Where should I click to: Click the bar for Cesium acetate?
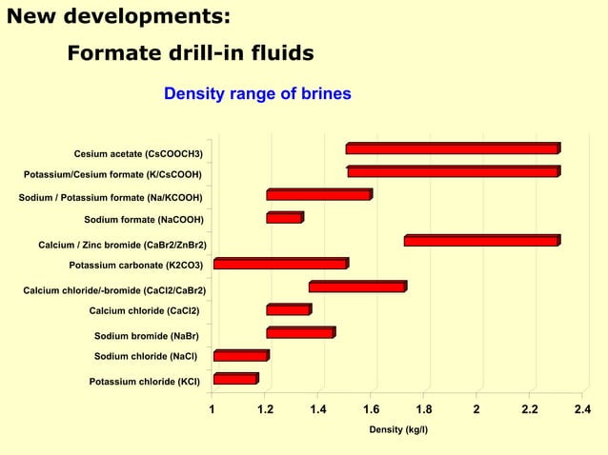(452, 149)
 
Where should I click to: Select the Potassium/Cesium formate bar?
(453, 172)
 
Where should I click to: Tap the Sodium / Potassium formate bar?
(318, 195)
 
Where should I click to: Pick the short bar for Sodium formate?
(284, 218)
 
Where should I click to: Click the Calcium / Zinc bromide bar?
(480, 241)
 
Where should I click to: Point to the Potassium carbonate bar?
(280, 264)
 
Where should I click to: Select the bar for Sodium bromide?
(300, 333)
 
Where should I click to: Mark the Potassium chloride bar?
(235, 379)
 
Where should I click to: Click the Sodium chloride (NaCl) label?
(146, 357)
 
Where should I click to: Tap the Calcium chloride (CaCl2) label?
(146, 310)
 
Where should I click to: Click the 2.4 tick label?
(580, 409)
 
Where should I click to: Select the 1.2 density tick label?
(265, 409)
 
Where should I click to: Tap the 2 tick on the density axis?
(476, 409)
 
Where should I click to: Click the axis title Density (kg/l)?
(398, 430)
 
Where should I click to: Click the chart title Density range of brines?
(257, 94)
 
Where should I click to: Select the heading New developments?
(118, 16)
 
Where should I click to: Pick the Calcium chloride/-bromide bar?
(357, 287)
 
